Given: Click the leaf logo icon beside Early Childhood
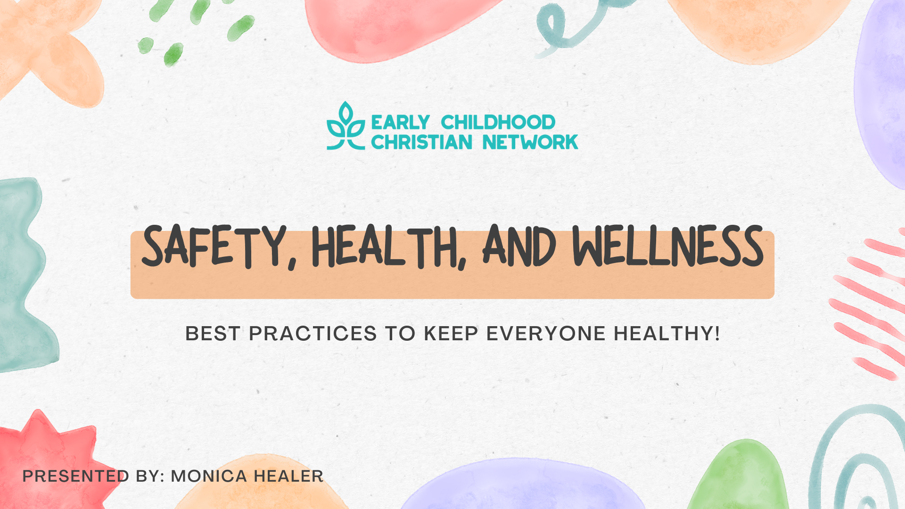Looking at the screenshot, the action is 346,126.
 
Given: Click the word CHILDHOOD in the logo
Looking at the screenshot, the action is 498,123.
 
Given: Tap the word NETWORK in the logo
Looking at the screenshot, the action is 530,142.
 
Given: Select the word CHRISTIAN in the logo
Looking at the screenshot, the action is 421,142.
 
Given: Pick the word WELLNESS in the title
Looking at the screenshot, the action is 668,246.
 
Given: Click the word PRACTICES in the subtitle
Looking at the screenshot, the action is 313,334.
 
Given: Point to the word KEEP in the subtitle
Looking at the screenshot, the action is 451,334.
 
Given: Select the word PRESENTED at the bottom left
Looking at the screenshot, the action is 75,476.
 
